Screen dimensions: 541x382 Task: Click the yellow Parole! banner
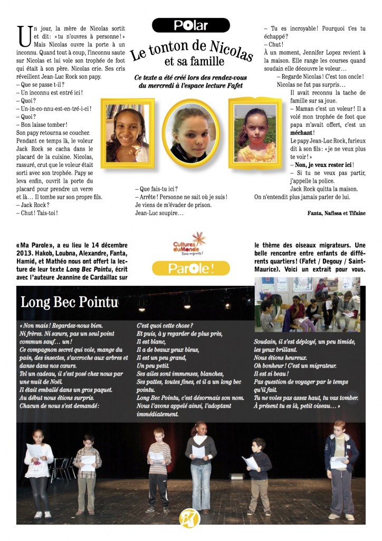190,268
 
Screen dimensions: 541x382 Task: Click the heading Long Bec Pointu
69,303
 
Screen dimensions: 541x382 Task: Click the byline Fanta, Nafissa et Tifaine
336,213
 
